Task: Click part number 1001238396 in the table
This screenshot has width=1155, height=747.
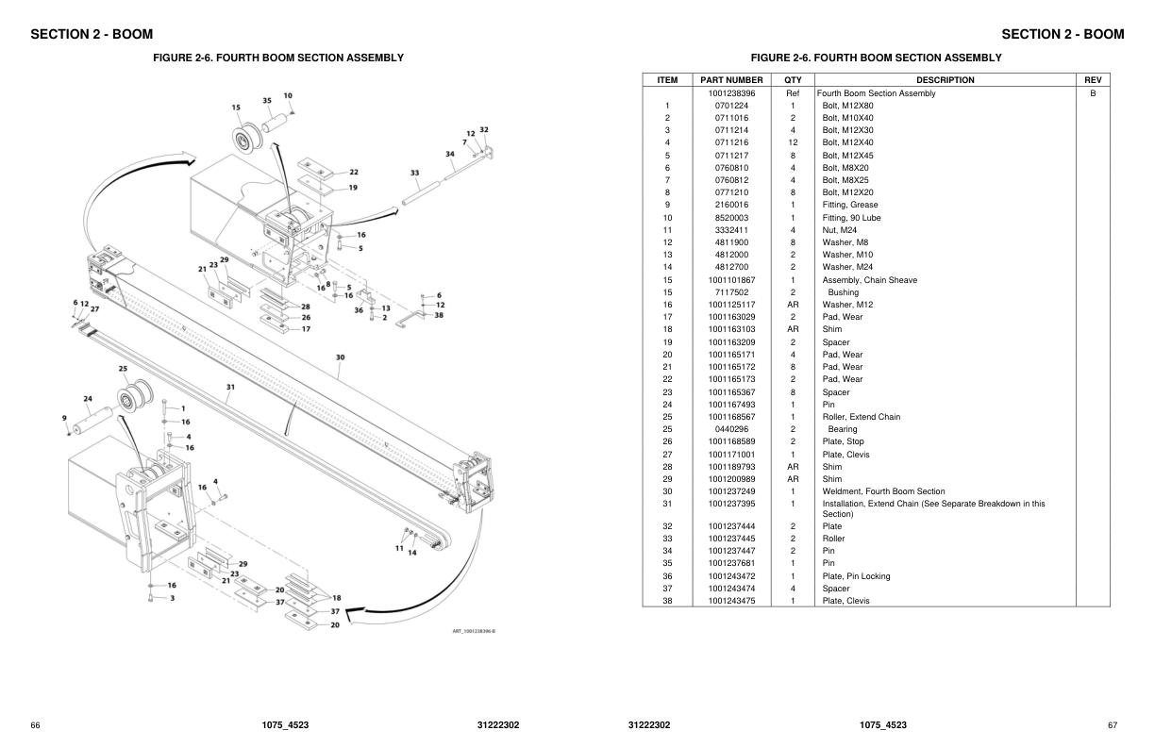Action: point(731,93)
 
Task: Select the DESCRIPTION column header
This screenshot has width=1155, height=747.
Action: point(945,80)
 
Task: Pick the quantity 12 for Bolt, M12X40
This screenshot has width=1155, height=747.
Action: point(793,142)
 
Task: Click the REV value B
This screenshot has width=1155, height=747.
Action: point(1093,93)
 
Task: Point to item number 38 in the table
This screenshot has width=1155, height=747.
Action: point(667,601)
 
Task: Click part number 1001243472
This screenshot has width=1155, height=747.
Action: point(731,576)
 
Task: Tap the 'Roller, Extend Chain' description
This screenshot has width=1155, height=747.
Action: point(861,417)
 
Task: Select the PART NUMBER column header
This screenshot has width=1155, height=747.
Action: point(731,80)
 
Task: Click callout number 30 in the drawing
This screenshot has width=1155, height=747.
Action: point(340,357)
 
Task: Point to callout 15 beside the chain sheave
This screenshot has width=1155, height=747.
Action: point(236,108)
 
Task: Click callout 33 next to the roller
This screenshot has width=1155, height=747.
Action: point(415,173)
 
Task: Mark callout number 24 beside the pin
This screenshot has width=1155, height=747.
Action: point(87,398)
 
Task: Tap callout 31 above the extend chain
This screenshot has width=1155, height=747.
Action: point(230,386)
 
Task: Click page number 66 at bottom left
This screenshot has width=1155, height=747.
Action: point(35,725)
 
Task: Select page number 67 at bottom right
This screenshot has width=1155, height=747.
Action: point(1113,725)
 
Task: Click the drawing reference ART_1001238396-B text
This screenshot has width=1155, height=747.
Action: point(474,631)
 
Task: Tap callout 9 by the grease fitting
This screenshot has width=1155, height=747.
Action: point(64,418)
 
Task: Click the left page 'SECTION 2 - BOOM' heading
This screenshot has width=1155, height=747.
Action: point(92,34)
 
